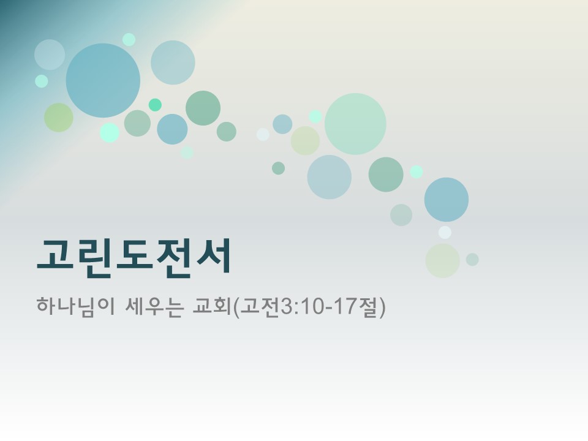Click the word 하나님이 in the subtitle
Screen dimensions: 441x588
coord(72,306)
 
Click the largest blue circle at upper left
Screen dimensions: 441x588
coord(103,80)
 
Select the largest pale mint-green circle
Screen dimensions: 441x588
coord(355,124)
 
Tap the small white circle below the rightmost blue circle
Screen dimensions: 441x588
coord(445,232)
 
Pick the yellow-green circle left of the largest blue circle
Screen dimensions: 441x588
coord(59,118)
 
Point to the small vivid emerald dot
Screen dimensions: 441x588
coord(155,105)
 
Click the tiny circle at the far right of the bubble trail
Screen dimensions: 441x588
coord(472,260)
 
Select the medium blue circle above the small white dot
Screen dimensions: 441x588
coord(447,200)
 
